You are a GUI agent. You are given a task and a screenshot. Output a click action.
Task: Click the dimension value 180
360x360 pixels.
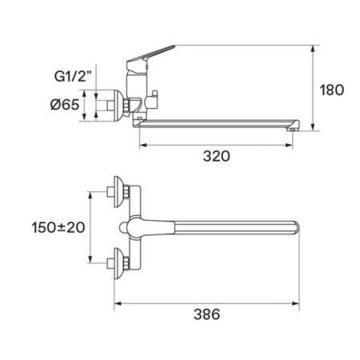tap(332, 90)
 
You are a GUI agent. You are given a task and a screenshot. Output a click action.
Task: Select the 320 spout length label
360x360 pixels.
tap(216, 156)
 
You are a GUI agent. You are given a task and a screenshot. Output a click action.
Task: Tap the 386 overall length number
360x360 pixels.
tap(206, 314)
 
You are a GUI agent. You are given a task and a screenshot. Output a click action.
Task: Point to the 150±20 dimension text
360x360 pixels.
tap(58, 227)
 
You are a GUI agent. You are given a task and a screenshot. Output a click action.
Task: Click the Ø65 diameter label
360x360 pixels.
tap(65, 104)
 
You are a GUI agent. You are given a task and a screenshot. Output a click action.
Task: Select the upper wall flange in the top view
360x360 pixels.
tap(119, 192)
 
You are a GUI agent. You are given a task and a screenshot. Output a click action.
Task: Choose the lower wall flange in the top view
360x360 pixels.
tap(119, 263)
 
